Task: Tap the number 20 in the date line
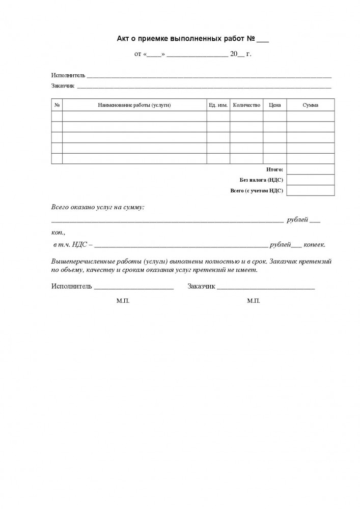coord(234,53)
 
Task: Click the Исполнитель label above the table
coord(68,75)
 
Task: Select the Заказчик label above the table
coord(63,86)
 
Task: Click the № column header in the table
coord(57,105)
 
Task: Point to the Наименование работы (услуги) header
coord(134,105)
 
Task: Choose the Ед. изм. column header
coord(218,105)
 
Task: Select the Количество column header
coord(246,105)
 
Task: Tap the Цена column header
coord(274,105)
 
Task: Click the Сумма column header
coord(310,105)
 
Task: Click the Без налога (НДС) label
coord(262,180)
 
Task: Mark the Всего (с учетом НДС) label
coord(257,191)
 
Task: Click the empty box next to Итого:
coord(310,169)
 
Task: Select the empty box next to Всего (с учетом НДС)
coord(310,191)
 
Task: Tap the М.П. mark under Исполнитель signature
coord(123,301)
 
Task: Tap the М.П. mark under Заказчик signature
coord(254,301)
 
